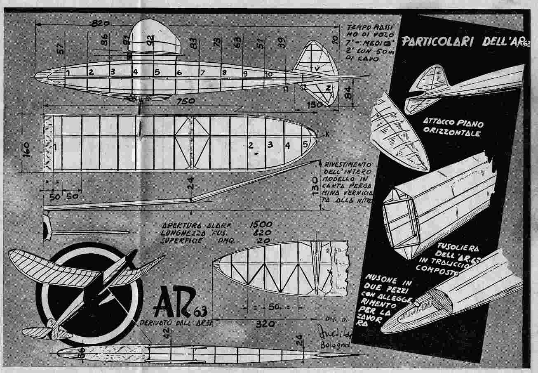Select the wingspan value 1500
[x=260, y=225]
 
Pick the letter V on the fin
[x=317, y=69]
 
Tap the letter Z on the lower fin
[x=328, y=87]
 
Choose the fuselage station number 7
[x=202, y=73]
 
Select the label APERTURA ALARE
[x=196, y=226]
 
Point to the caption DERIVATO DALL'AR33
[x=178, y=323]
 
